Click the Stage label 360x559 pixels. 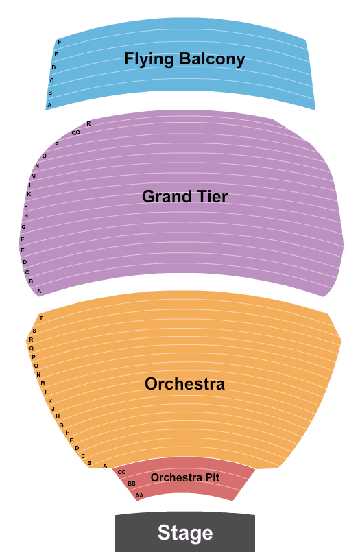185,533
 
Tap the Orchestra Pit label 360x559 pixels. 185,477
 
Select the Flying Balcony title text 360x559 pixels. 184,59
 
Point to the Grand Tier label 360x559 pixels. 184,196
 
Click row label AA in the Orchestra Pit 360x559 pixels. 139,495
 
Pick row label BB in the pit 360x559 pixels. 132,484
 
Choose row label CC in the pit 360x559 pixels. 121,472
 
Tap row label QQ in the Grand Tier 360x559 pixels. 76,132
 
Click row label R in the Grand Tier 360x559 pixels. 88,123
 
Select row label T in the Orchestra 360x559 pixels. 41,318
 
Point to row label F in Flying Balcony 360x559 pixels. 60,42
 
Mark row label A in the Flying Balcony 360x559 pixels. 49,105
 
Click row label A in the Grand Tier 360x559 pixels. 39,291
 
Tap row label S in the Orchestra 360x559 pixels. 34,331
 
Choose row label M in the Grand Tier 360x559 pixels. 34,176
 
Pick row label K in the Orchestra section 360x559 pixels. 50,401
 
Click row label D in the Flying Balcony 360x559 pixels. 53,67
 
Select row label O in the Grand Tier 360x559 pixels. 45,156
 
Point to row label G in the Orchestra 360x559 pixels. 61,425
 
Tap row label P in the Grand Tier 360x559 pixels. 57,145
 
